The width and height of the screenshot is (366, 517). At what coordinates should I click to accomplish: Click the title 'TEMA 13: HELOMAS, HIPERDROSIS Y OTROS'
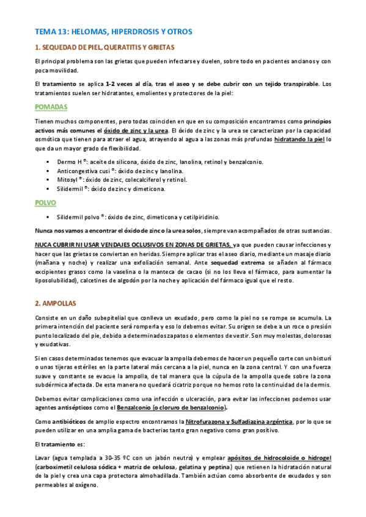114,31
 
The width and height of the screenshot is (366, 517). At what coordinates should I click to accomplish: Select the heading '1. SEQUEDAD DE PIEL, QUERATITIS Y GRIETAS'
104,47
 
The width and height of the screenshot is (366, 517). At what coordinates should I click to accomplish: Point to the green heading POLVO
46,202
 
